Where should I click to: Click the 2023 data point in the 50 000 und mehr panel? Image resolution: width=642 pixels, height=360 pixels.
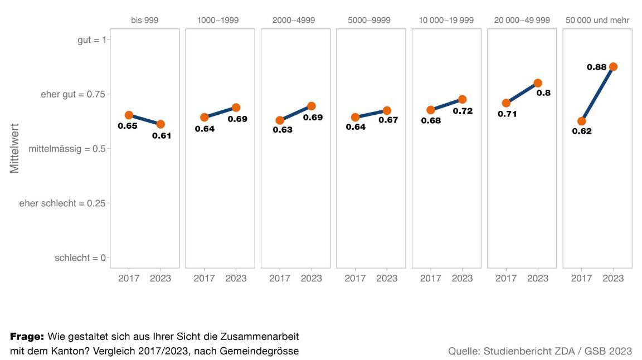coord(613,67)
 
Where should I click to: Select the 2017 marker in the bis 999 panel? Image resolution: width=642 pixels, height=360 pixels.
coord(129,115)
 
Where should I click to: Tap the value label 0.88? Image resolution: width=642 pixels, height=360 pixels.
coord(597,67)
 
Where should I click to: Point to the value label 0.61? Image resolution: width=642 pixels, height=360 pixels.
coord(162,135)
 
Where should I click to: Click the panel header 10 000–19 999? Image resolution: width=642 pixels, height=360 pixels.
coord(446,20)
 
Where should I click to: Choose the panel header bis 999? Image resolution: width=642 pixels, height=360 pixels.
coord(145,20)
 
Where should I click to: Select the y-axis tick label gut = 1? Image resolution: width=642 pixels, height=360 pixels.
coord(91,40)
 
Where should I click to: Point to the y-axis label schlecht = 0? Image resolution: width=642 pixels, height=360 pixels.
coord(80,258)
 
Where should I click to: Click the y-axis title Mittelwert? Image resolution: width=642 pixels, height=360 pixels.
coord(14,148)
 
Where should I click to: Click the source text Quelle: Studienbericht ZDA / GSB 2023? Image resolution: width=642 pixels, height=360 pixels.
coord(540,351)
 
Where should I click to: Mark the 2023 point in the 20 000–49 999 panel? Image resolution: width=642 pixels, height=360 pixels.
coord(538,83)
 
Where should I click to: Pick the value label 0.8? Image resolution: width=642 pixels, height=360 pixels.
coord(543,93)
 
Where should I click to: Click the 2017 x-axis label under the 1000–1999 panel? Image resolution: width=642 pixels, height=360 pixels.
coord(204,278)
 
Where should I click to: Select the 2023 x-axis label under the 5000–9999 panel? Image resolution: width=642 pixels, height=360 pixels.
coord(387,278)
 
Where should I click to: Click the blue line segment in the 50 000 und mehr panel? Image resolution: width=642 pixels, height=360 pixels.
coord(597,94)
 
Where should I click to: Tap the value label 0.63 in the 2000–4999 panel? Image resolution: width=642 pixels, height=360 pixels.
coord(283,130)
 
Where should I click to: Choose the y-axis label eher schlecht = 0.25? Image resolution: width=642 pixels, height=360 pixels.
coord(62,203)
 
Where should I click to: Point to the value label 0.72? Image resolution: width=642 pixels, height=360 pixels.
coord(463,111)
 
